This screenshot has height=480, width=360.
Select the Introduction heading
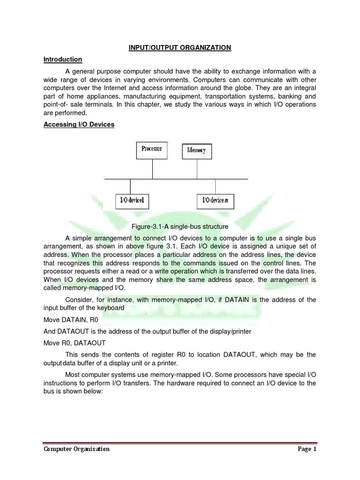[63, 60]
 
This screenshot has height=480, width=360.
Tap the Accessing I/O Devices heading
[79, 125]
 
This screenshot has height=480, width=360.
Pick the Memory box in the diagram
[196, 150]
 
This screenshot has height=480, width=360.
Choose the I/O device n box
[215, 201]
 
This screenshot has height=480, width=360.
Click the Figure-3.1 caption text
[180, 227]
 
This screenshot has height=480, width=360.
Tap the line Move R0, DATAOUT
[75, 343]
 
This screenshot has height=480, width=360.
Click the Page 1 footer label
[307, 449]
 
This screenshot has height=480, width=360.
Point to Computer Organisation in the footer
[77, 449]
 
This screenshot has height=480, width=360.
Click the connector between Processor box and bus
[152, 168]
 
